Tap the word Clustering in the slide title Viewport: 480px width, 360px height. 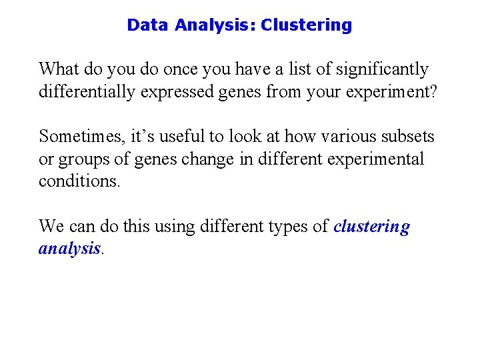(306, 25)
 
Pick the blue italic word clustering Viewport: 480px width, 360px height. (372, 227)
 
